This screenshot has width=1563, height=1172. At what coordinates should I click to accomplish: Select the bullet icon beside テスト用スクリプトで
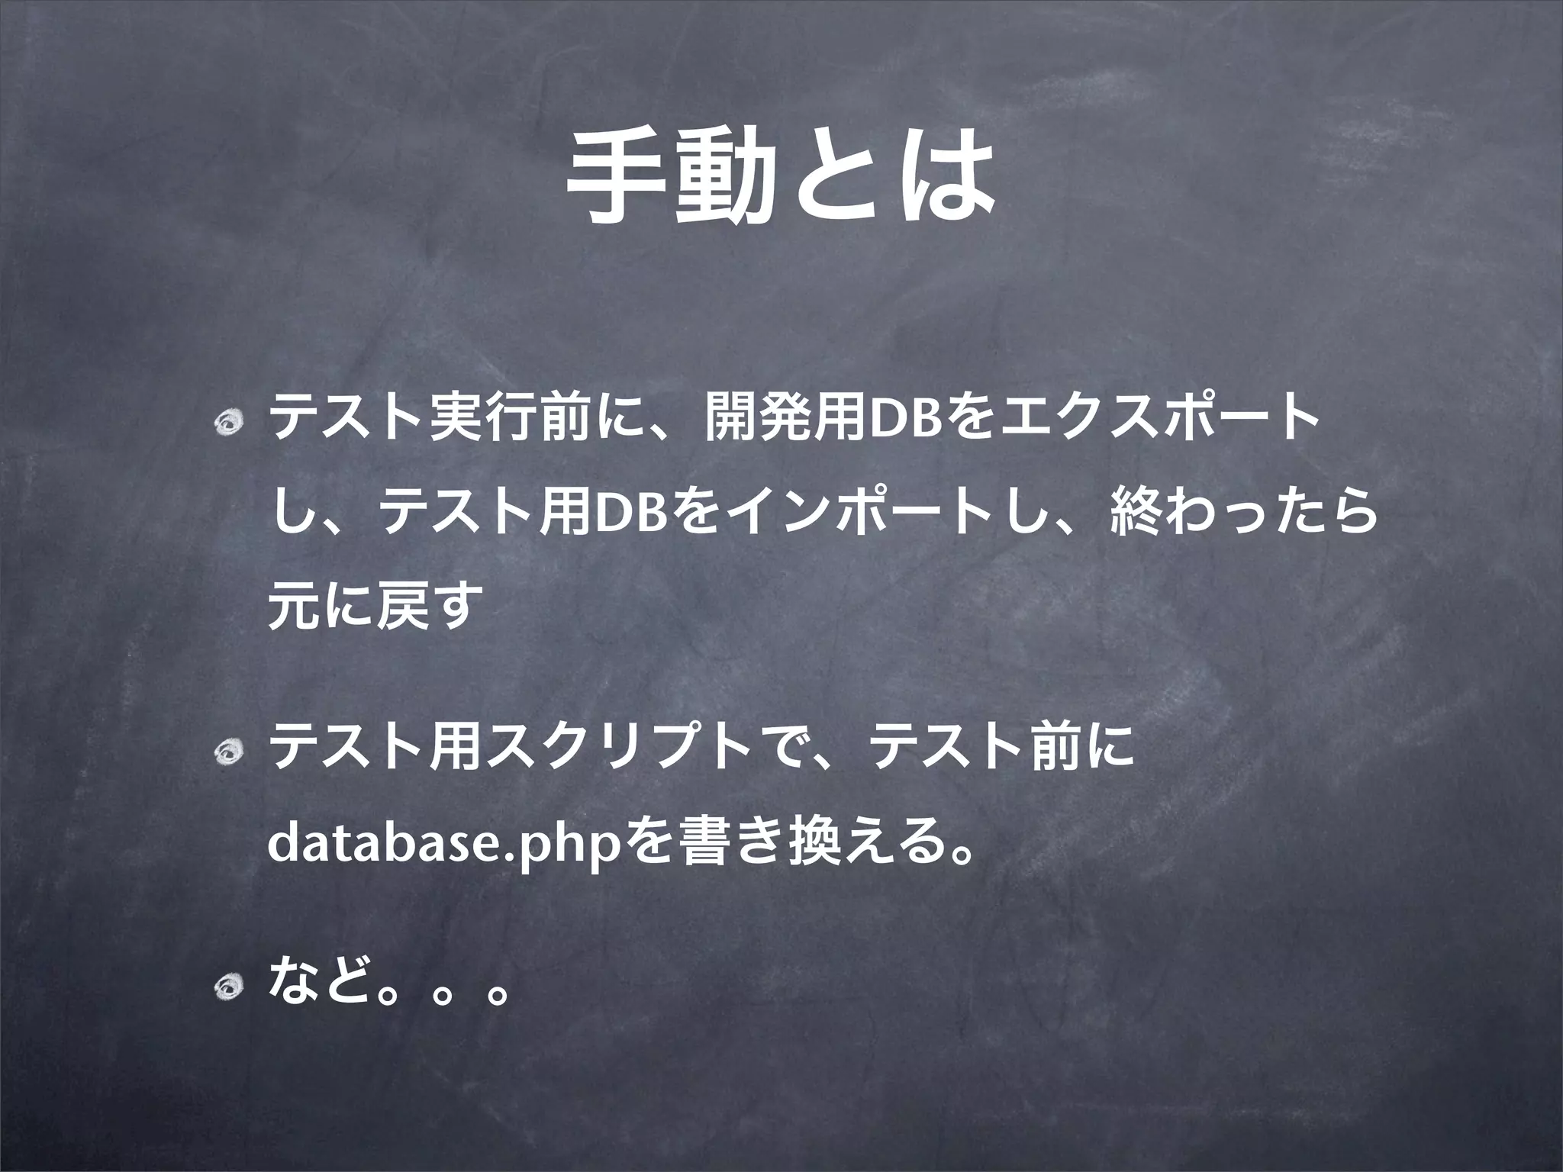pyautogui.click(x=227, y=755)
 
